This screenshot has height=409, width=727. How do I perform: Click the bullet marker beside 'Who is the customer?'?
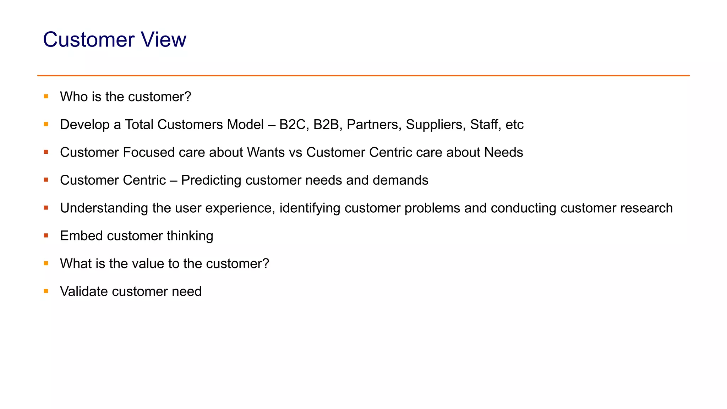tap(46, 96)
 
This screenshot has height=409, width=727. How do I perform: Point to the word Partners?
tap(374, 125)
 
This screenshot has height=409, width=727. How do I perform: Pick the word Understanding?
tap(104, 208)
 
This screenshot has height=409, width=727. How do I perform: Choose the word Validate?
tap(84, 291)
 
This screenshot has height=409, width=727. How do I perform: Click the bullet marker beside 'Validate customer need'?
tap(46, 291)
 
